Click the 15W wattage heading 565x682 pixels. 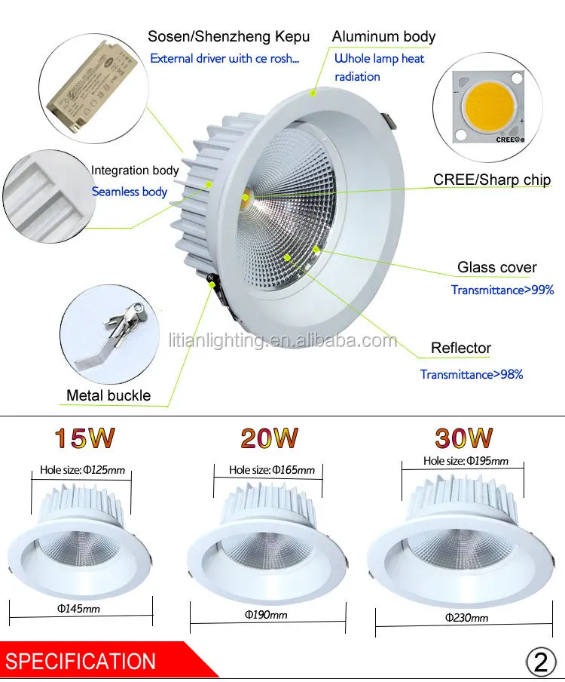coord(83,438)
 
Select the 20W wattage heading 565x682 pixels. coord(269,438)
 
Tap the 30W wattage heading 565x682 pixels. coord(463,438)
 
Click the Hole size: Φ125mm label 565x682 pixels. coord(82,470)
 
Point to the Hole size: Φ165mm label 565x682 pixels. coord(271,470)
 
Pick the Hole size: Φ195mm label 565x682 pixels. coord(466,461)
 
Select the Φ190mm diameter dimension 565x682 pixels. coord(266,615)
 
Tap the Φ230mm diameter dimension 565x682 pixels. coord(466,618)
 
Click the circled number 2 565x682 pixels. coord(540,662)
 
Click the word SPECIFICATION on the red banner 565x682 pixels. coord(81,662)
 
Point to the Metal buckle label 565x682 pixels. coord(108,395)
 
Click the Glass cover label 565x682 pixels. coord(497,267)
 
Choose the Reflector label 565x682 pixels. coord(460,348)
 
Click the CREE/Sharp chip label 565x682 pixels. coord(491,180)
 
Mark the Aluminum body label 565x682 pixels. coord(383,36)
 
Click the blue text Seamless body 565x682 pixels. coord(130,192)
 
